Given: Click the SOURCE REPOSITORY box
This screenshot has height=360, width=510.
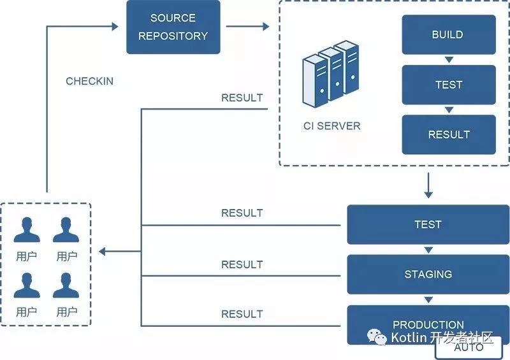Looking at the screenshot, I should [173, 27].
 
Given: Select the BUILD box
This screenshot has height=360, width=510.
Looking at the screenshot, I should [448, 34].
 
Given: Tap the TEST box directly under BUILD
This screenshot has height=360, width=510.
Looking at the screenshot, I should [448, 85].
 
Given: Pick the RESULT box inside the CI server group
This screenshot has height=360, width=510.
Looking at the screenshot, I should [448, 134].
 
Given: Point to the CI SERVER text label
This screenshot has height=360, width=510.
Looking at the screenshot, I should [331, 126].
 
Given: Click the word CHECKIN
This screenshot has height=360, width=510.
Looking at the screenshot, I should [89, 82].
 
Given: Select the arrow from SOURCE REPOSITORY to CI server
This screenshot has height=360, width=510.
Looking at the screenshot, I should [247, 27].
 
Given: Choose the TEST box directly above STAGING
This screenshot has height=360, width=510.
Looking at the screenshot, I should [428, 224].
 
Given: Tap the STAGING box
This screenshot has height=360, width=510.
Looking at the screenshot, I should [428, 274].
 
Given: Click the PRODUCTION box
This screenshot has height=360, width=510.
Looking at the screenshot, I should [428, 324].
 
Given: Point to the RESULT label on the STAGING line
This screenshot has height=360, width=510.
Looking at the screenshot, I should [242, 264].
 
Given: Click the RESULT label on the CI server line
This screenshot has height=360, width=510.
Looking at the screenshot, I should [242, 98].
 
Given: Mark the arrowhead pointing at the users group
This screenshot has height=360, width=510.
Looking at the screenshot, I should [103, 252].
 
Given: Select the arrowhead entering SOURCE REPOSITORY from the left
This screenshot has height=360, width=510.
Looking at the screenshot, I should [115, 27].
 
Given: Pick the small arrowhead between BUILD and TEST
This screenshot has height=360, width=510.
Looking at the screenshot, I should [448, 60].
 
